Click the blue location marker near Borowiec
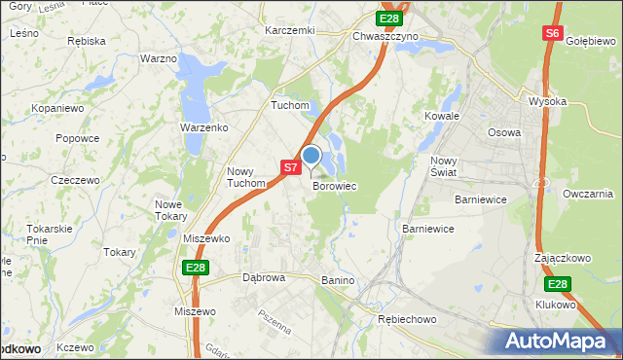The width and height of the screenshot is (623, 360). click(311, 156)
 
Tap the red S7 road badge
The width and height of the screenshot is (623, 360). click(290, 167)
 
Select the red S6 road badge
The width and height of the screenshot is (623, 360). click(552, 33)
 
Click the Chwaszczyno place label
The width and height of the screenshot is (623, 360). click(385, 36)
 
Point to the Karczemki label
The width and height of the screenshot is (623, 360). click(290, 30)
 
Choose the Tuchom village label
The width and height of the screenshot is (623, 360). click(290, 105)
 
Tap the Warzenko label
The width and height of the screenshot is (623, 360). click(203, 127)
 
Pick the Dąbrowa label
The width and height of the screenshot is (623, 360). click(264, 277)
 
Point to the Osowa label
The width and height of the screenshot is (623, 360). click(503, 132)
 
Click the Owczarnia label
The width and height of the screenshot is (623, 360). click(588, 194)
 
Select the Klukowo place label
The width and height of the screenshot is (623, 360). click(556, 305)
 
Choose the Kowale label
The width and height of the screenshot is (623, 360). click(441, 116)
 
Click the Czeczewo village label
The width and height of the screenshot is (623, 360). click(76, 180)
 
